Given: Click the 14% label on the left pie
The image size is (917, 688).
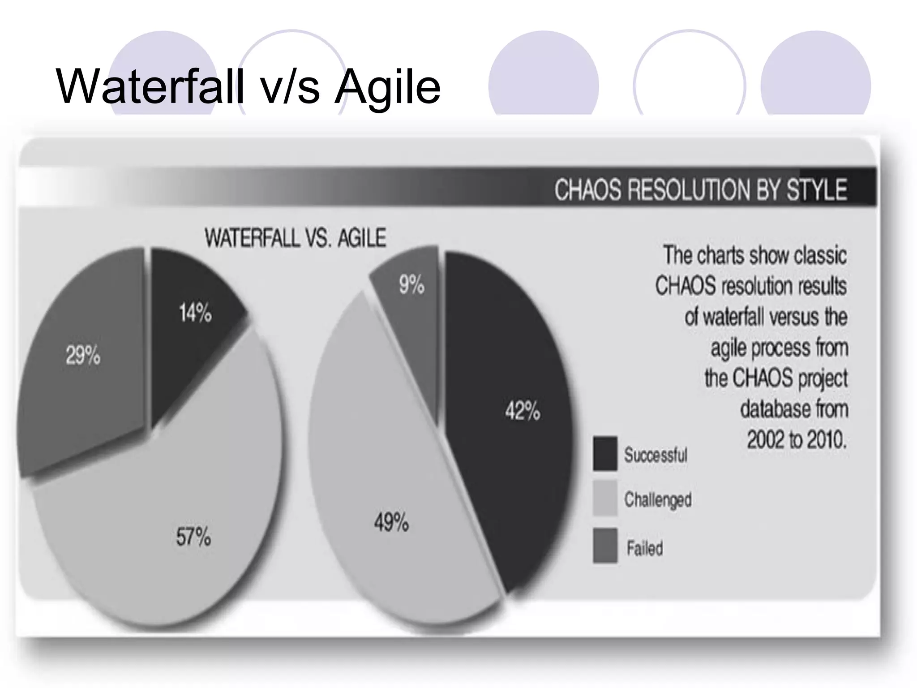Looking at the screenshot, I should click(195, 313).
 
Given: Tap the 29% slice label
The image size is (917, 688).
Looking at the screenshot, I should click(83, 356).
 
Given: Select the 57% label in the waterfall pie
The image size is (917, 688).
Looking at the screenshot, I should click(193, 536).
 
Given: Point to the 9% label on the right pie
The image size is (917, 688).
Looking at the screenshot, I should click(411, 285).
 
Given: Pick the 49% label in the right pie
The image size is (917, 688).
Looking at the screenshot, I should click(391, 522).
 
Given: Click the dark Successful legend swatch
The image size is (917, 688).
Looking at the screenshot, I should click(605, 454).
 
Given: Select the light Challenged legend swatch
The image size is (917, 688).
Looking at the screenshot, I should click(605, 499).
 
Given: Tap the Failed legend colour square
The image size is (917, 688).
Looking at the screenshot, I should click(605, 546).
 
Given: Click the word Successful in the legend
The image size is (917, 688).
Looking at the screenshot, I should click(656, 455).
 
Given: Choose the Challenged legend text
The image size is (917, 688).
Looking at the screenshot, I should click(658, 499).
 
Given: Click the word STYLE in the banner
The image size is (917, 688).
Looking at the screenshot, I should click(817, 190).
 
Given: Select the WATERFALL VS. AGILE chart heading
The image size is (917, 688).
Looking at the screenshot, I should click(295, 238).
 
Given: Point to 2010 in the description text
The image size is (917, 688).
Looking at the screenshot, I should click(827, 439).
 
